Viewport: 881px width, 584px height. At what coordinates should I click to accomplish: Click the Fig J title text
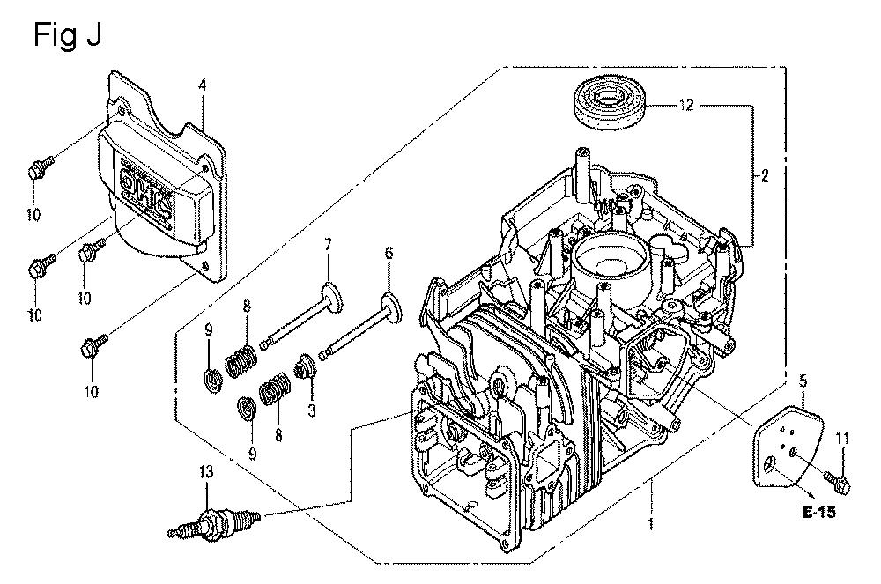(x=69, y=34)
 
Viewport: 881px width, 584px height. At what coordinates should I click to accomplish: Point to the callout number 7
(x=327, y=244)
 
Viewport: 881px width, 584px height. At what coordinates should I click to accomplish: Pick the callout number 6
(x=387, y=254)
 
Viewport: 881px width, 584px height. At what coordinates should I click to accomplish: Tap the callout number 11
(x=842, y=438)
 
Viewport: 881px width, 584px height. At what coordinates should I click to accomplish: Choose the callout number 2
(x=765, y=175)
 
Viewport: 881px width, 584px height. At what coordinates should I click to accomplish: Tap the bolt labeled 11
(x=837, y=478)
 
